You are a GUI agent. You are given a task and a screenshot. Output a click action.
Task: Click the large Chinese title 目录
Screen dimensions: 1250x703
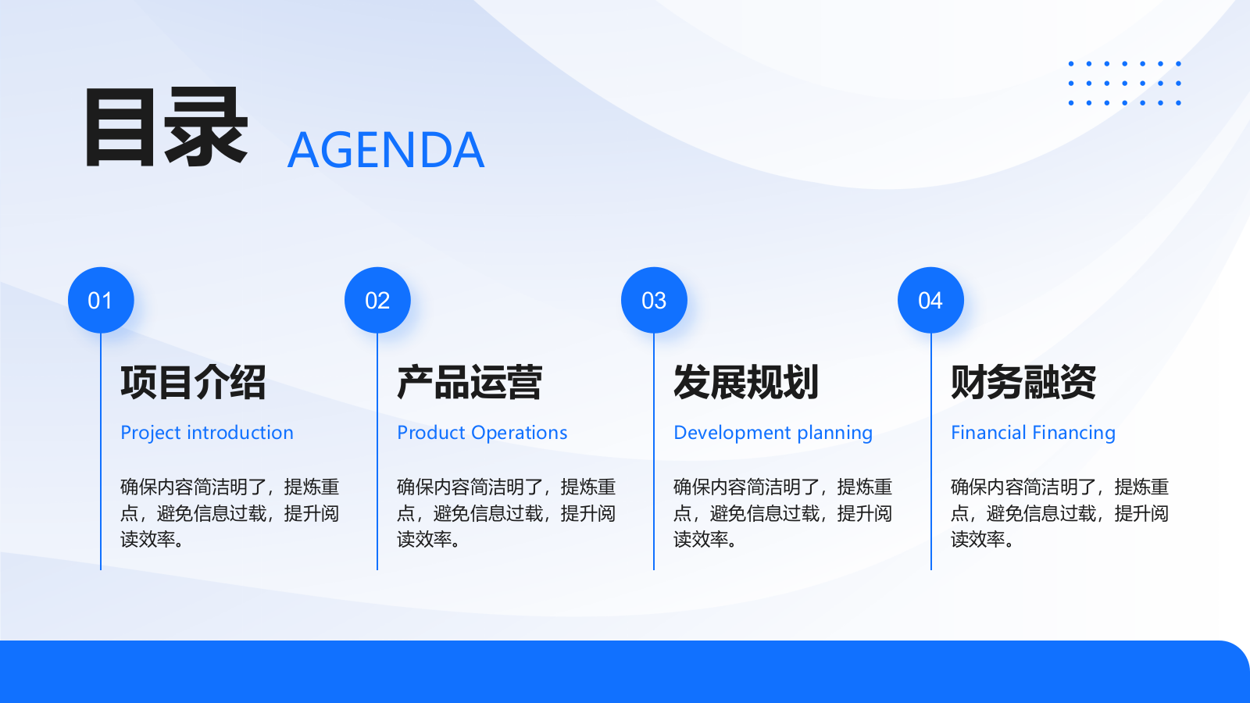click(166, 128)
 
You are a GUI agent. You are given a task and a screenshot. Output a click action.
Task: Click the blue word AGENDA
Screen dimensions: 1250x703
click(386, 150)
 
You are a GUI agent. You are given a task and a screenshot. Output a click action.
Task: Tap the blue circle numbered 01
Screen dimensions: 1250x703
click(101, 300)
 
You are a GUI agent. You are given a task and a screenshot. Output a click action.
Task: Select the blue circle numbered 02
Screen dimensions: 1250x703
click(377, 300)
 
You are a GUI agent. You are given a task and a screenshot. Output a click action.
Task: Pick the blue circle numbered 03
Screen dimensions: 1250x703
click(654, 300)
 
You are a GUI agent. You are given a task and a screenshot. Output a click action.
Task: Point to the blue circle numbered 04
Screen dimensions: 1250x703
click(930, 300)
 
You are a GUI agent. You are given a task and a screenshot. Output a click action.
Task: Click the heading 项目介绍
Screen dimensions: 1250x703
click(193, 382)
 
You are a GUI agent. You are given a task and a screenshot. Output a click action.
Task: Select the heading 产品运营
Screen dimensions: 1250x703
click(470, 382)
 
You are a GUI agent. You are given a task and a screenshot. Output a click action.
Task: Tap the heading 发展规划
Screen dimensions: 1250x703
click(746, 382)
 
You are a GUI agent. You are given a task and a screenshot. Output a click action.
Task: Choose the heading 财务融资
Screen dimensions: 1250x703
click(1023, 382)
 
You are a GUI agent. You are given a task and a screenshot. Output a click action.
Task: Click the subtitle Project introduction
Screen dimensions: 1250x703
click(207, 434)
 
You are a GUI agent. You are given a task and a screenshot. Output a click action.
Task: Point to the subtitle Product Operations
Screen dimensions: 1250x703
click(482, 433)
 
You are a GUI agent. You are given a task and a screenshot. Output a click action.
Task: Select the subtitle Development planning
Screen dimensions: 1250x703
click(773, 434)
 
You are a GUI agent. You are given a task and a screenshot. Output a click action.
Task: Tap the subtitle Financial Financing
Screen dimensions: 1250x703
click(1033, 434)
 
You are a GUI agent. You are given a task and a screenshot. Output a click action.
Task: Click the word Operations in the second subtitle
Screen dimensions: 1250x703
click(519, 433)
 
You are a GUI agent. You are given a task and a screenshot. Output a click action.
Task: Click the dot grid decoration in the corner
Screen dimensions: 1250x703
click(1124, 83)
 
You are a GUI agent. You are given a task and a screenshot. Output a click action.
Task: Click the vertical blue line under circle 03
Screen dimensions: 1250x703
click(654, 451)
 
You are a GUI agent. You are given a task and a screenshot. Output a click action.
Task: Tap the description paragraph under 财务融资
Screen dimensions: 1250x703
click(1059, 513)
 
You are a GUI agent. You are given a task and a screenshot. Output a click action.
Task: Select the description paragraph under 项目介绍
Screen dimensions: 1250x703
click(230, 513)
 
